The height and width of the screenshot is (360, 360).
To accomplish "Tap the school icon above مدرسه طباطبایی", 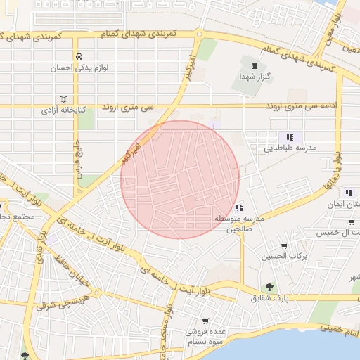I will tap(290, 137).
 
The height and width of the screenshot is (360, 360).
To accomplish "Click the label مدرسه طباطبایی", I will tap(290, 148).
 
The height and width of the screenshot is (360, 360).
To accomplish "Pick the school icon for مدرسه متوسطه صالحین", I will tap(240, 207).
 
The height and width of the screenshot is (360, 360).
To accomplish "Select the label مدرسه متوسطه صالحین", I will tap(239, 224).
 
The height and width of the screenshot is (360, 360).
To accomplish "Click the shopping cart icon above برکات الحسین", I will tap(283, 246).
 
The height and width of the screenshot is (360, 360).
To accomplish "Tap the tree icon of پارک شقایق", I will tap(269, 287).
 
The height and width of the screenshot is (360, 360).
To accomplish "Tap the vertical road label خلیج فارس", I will tap(75, 157).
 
